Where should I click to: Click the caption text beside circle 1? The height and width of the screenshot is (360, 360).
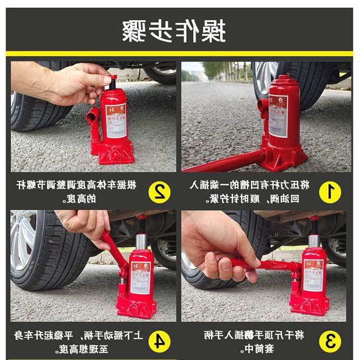click(253, 192)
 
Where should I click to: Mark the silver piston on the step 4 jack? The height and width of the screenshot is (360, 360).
click(141, 242)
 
